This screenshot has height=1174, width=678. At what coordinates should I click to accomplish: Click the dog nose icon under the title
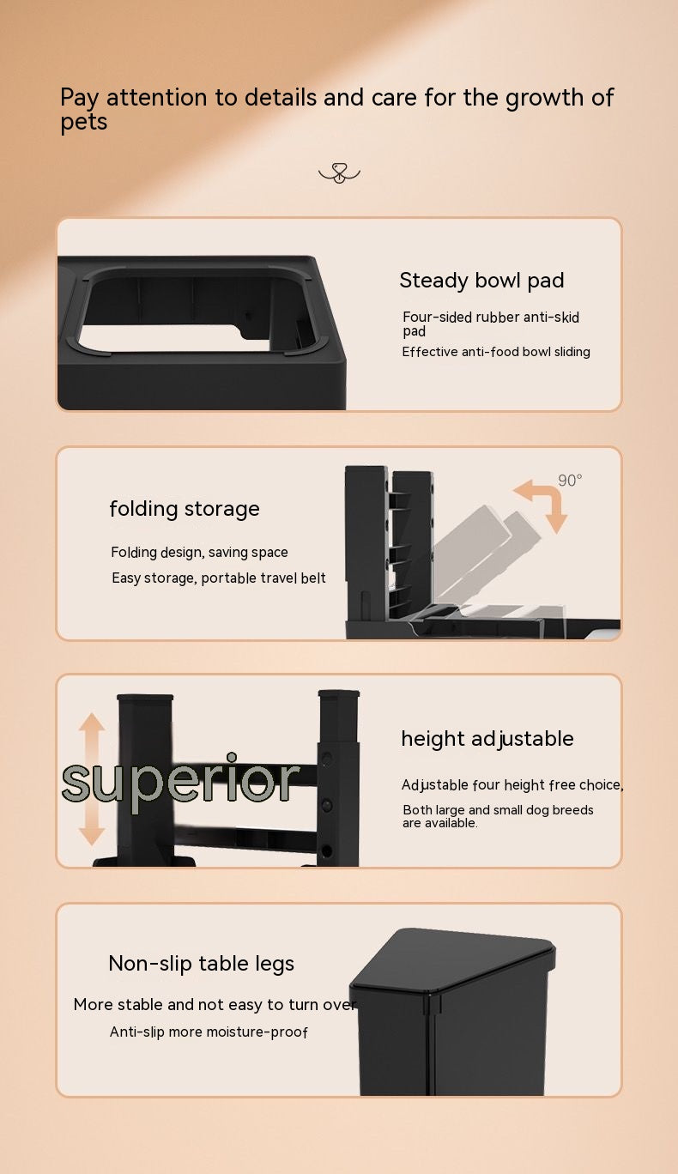(x=339, y=173)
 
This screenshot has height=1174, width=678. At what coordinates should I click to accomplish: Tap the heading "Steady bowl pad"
(x=481, y=281)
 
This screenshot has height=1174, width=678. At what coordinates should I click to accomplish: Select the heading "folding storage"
(x=185, y=509)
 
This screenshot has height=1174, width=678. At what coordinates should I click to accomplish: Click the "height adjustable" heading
(x=487, y=739)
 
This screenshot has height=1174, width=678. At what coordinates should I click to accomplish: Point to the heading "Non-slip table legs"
(x=201, y=963)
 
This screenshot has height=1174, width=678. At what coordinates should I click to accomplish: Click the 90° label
(x=570, y=480)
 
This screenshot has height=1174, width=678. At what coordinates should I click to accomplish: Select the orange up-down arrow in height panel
(x=92, y=779)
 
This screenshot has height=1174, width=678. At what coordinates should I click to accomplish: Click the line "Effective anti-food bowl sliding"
(x=496, y=352)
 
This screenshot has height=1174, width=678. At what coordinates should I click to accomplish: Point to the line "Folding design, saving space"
(x=199, y=553)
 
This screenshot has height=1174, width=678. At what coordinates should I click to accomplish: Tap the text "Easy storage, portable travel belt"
(x=219, y=578)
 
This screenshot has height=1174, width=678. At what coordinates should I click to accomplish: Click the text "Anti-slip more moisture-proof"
(x=209, y=1032)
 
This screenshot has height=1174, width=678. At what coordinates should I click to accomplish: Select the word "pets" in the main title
(x=84, y=123)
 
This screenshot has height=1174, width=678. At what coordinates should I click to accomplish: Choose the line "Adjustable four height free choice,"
(x=512, y=785)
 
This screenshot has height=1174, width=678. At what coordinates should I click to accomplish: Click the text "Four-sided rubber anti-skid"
(x=491, y=317)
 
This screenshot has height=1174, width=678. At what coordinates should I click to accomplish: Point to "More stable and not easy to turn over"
(x=215, y=1005)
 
